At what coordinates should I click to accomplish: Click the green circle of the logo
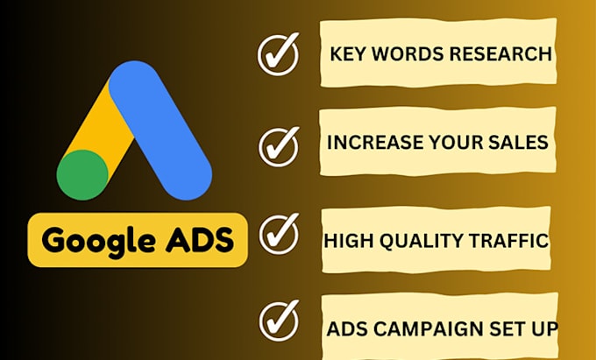pyautogui.click(x=82, y=173)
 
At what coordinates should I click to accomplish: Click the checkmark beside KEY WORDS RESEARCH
pyautogui.click(x=279, y=53)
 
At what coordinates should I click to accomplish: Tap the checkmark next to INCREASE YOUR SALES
pyautogui.click(x=279, y=145)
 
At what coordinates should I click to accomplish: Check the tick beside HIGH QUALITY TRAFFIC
pyautogui.click(x=279, y=235)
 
